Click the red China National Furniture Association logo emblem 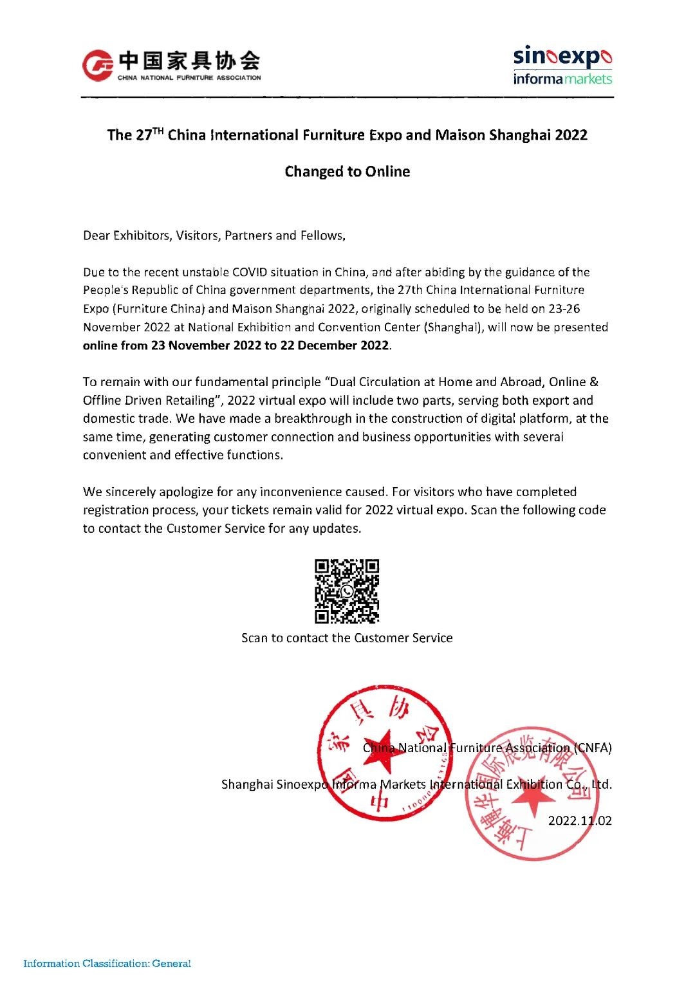[x=98, y=66]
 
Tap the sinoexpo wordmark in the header [x=562, y=57]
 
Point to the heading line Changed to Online [x=347, y=172]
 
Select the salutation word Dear [x=97, y=235]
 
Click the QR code [x=347, y=591]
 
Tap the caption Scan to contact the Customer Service [x=347, y=638]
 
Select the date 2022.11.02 [x=580, y=821]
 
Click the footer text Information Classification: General [x=107, y=964]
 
